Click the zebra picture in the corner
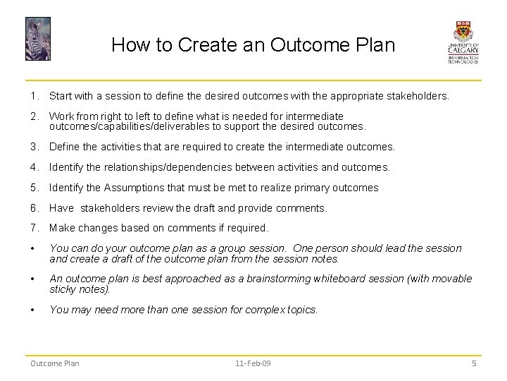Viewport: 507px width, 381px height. tap(38, 39)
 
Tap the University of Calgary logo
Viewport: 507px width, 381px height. tap(463, 42)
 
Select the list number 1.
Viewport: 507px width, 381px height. tap(34, 95)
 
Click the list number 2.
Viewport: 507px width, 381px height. tap(34, 116)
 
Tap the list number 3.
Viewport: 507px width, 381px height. tap(34, 147)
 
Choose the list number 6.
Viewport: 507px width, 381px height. tap(34, 208)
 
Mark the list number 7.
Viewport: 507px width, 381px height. tap(34, 228)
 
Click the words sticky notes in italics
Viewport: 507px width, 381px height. tap(79, 289)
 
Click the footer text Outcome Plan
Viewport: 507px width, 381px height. tap(54, 363)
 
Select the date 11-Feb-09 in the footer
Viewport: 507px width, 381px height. tap(253, 363)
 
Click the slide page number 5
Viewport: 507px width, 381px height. tap(474, 363)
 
